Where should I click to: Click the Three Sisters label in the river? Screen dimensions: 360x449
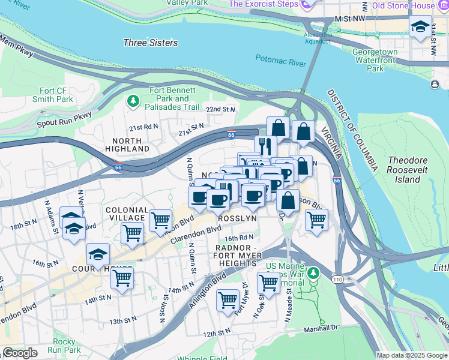point(150,43)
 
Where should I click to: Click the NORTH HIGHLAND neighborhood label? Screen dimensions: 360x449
point(127,144)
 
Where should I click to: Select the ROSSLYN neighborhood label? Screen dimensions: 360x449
point(237,218)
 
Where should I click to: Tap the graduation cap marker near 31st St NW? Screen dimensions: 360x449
point(420,27)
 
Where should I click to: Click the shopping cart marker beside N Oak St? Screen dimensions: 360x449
point(268,282)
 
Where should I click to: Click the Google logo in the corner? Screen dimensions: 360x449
point(20,353)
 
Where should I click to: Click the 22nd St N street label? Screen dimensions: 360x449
point(221,110)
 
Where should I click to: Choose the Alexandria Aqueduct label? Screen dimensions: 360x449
point(318,37)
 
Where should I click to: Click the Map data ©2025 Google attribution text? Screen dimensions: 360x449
point(412,355)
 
